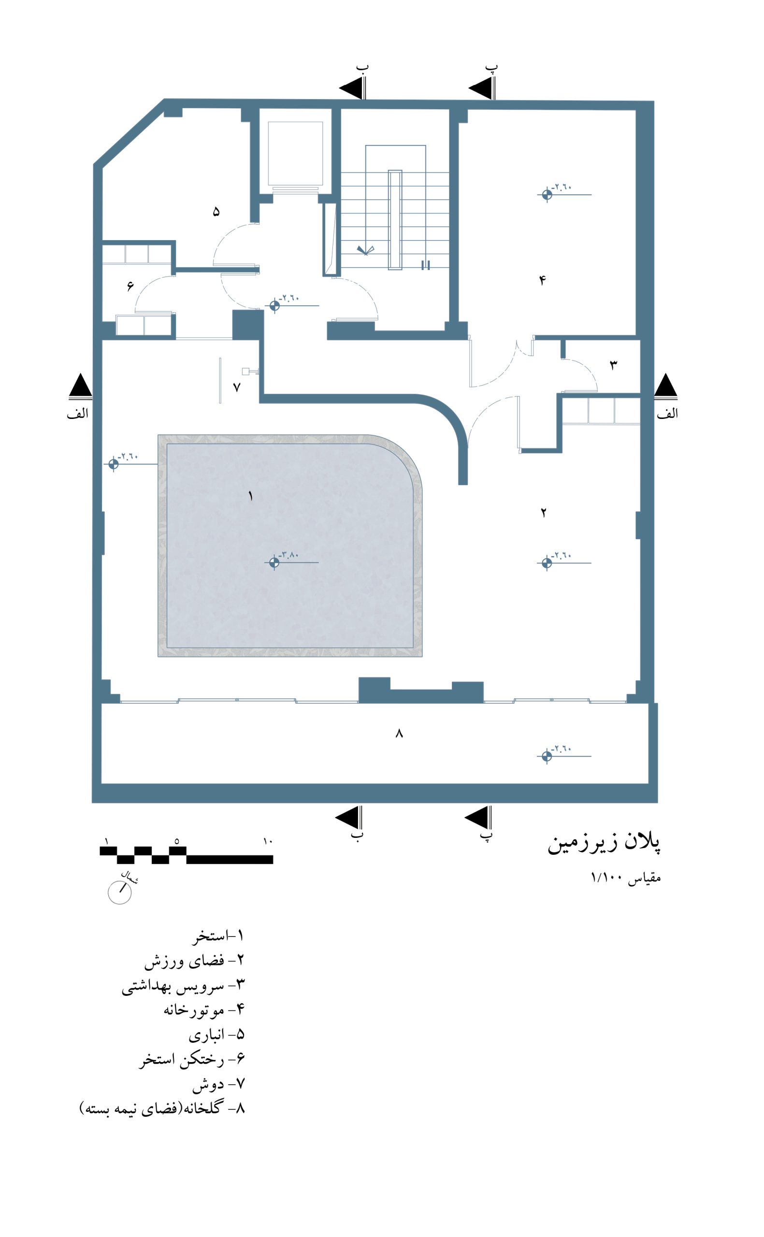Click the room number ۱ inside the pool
click(250, 497)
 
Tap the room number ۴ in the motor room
click(543, 280)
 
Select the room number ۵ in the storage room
click(216, 212)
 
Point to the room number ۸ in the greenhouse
click(399, 734)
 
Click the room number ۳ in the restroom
click(613, 365)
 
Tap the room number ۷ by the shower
click(236, 388)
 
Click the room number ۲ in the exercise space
click(544, 513)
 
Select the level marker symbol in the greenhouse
click(547, 756)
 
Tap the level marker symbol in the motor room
click(547, 194)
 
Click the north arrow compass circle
click(120, 892)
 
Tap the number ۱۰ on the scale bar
click(268, 841)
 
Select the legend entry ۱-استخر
click(218, 935)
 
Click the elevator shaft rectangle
click(295, 153)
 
